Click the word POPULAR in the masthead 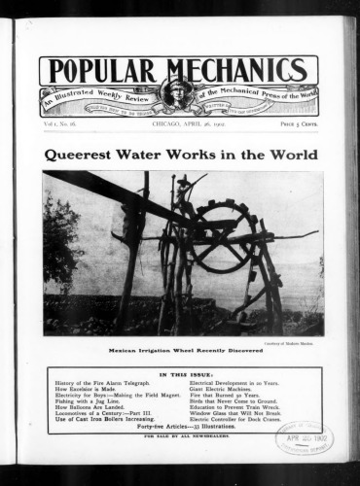101,71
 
